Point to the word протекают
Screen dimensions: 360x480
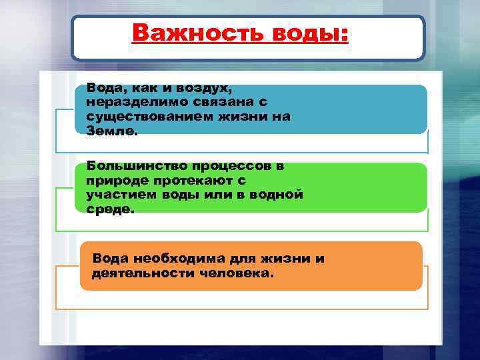click(193, 180)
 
